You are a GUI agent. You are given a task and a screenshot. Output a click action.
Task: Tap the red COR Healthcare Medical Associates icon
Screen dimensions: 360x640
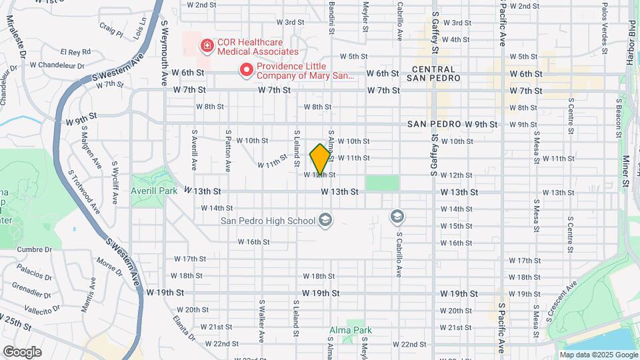[207, 46]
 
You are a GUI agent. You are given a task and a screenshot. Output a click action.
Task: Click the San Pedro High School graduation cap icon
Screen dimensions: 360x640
[325, 221]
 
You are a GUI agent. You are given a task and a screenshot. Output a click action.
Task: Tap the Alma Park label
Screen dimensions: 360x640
[350, 330]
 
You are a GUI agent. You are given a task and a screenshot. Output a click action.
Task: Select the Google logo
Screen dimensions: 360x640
[21, 351]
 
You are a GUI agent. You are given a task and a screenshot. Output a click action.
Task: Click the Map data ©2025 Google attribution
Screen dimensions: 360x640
[598, 355]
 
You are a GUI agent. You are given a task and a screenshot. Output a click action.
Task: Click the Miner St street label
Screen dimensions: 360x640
[625, 171]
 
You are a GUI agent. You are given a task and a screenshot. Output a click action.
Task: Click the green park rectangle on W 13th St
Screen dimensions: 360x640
[382, 183]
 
